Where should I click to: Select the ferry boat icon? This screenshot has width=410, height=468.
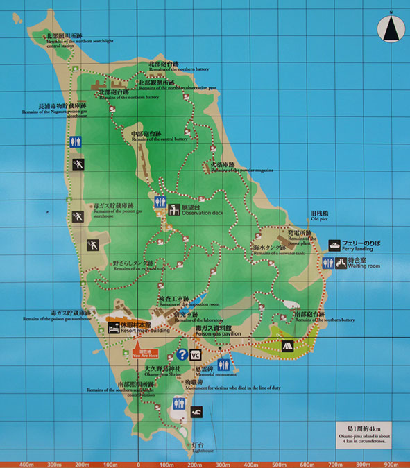tap(334, 245)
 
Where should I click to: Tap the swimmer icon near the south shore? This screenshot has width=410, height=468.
tap(197, 413)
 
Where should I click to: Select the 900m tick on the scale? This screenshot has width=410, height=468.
tap(391, 464)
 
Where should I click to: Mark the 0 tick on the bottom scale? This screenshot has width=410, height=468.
tap(138, 464)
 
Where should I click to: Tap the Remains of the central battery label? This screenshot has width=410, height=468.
tap(160, 135)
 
